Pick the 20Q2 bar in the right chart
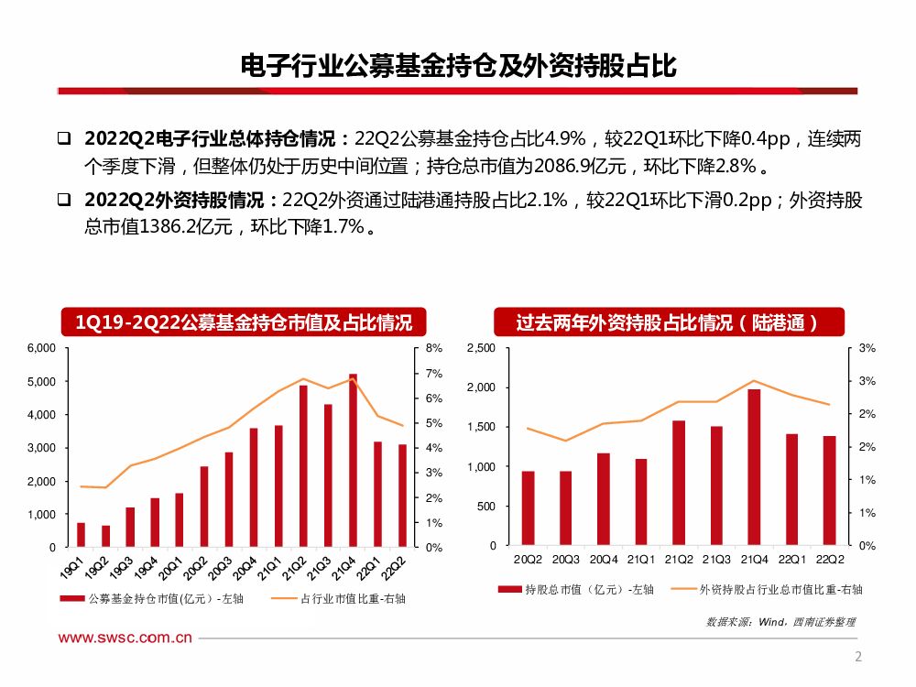528,508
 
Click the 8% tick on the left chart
433,348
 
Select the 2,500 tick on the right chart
481,348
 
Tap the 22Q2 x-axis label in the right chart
830,560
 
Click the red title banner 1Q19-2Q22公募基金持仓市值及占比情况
244,322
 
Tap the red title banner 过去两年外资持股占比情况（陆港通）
666,322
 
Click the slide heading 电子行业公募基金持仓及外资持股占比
457,65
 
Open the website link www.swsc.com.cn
125,639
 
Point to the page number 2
858,656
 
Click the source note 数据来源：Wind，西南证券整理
780,621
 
